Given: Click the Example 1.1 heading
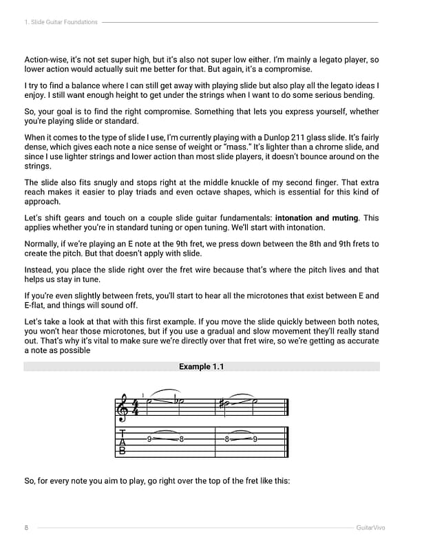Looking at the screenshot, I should pyautogui.click(x=201, y=367).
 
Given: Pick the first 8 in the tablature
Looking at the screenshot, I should pyautogui.click(x=180, y=439).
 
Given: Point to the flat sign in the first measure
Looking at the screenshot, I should pyautogui.click(x=176, y=402).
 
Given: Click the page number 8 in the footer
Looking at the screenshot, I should pyautogui.click(x=26, y=528).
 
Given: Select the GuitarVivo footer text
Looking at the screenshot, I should pyautogui.click(x=370, y=528).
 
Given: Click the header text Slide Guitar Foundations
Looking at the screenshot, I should pyautogui.click(x=63, y=22).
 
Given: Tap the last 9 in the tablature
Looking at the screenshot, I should pyautogui.click(x=255, y=439).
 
